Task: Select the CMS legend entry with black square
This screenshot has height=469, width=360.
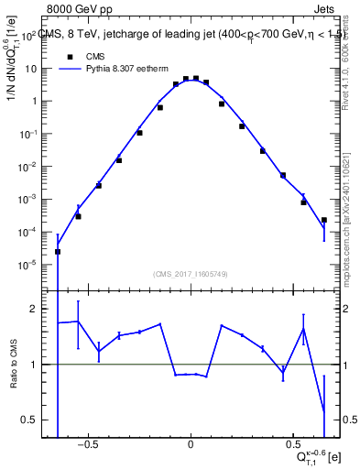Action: [83, 54]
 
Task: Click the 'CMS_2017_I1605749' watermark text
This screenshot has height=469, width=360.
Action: [191, 274]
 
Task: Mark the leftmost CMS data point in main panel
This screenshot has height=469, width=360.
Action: [58, 251]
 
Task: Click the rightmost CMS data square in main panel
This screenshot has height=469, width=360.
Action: [323, 220]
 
